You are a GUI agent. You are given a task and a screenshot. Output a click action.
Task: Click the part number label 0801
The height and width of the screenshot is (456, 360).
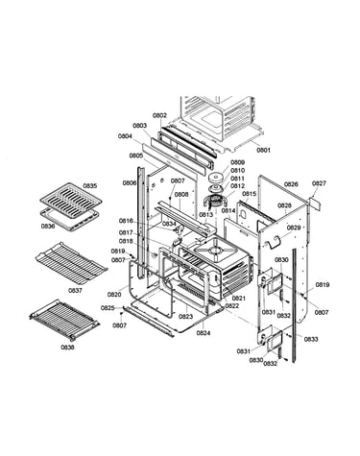click(x=263, y=150)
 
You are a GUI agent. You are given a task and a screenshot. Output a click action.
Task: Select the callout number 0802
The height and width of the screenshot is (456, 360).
click(x=159, y=115)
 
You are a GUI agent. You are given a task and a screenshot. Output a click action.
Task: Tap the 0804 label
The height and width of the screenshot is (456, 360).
click(x=125, y=136)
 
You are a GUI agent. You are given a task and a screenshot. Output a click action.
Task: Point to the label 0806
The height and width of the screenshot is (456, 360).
click(x=130, y=183)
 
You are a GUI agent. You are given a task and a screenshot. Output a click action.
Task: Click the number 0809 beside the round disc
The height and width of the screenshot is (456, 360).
click(x=238, y=162)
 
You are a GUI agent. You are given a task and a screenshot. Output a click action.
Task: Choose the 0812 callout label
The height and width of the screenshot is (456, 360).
click(x=238, y=186)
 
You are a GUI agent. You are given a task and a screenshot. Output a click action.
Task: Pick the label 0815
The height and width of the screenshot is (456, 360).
click(x=250, y=194)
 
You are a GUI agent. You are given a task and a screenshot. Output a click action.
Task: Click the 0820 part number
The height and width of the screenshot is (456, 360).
click(x=114, y=295)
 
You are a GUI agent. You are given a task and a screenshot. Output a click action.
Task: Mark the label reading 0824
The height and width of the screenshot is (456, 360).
click(x=204, y=333)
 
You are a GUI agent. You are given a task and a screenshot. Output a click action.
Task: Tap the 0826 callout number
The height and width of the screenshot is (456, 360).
click(x=291, y=184)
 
